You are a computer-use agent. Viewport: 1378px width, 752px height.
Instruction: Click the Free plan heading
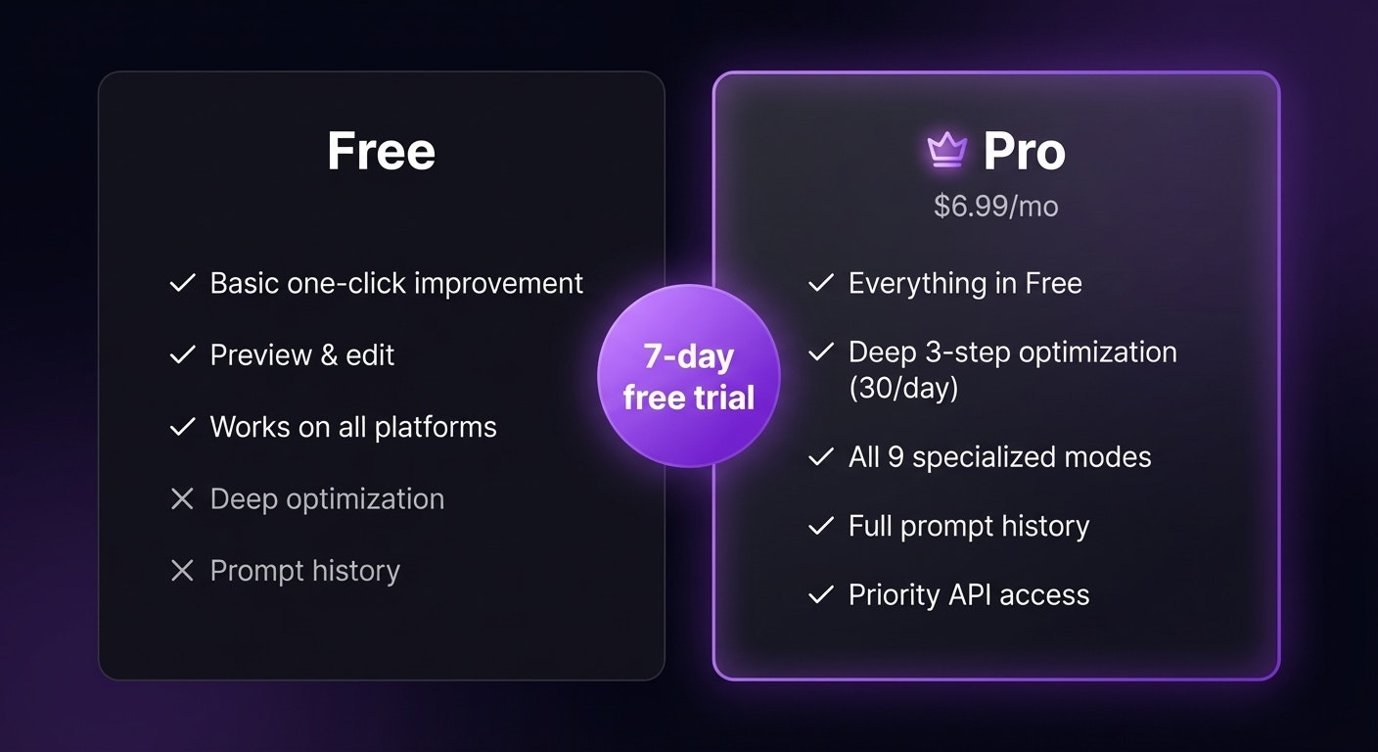pyautogui.click(x=381, y=152)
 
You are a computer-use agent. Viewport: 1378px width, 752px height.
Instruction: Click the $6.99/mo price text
pyautogui.click(x=995, y=206)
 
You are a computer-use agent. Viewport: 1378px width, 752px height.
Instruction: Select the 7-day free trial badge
pyautogui.click(x=688, y=376)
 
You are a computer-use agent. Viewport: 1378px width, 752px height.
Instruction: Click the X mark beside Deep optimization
pyautogui.click(x=182, y=499)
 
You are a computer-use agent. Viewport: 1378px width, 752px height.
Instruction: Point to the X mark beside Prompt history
pyautogui.click(x=182, y=571)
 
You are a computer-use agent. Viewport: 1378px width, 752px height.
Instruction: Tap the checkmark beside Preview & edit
pyautogui.click(x=182, y=355)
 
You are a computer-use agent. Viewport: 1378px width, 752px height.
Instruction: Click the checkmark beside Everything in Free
pyautogui.click(x=820, y=284)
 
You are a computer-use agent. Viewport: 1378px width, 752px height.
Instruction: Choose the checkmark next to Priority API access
pyautogui.click(x=820, y=595)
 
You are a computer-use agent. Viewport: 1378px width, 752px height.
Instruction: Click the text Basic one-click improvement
pyautogui.click(x=396, y=284)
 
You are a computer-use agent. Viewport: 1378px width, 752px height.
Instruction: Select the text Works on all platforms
pyautogui.click(x=353, y=427)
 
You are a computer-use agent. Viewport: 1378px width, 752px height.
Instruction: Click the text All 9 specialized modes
pyautogui.click(x=999, y=457)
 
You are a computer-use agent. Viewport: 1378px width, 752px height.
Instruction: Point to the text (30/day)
pyautogui.click(x=902, y=389)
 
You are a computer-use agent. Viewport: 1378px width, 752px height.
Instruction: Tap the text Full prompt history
pyautogui.click(x=968, y=526)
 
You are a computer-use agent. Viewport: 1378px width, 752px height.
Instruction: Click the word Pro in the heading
pyautogui.click(x=1024, y=152)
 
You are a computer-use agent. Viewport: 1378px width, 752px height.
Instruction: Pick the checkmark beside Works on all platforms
pyautogui.click(x=182, y=427)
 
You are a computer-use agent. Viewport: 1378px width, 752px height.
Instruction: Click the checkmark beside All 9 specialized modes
pyautogui.click(x=820, y=457)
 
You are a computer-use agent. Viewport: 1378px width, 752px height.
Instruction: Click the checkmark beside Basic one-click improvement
pyautogui.click(x=182, y=284)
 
